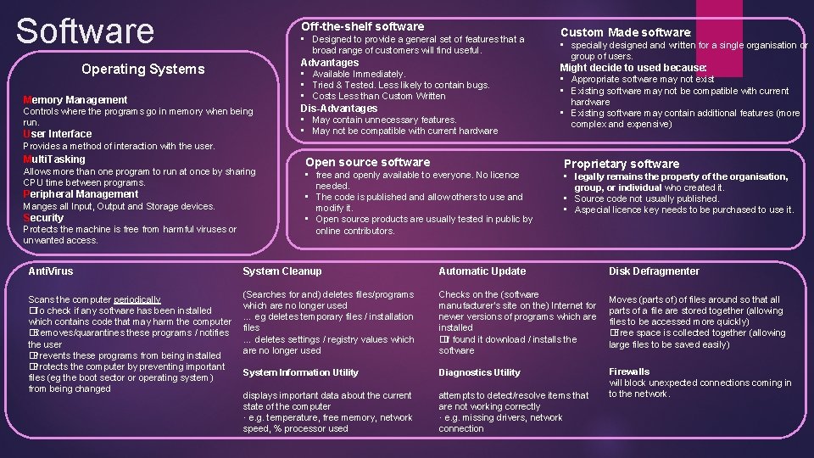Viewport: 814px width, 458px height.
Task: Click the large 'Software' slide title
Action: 85,31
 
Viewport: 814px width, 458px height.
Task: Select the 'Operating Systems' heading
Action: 142,69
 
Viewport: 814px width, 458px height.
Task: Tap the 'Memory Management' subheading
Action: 75,99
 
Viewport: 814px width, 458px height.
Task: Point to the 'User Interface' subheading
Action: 58,134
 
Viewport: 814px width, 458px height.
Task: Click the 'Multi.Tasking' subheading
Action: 54,159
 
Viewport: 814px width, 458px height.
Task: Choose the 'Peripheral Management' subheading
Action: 81,193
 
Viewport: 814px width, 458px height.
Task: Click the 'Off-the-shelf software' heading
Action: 363,26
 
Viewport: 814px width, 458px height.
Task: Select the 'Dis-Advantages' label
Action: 339,108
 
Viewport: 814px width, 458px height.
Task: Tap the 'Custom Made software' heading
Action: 626,32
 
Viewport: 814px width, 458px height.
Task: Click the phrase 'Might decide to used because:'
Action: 633,67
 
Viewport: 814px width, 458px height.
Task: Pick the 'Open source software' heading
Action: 367,162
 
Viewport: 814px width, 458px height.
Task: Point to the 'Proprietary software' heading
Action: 622,164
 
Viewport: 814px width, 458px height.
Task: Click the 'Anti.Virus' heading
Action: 51,271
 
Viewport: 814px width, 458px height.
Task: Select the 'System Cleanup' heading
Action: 282,271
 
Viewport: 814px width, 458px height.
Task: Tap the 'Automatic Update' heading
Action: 482,271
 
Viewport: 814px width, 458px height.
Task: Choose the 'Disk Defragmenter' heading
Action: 654,271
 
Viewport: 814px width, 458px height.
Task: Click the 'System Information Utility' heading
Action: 300,372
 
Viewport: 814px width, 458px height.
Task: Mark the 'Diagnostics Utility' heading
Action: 479,372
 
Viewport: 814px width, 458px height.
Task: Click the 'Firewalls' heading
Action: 629,371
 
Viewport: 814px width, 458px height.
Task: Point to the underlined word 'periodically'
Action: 137,299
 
